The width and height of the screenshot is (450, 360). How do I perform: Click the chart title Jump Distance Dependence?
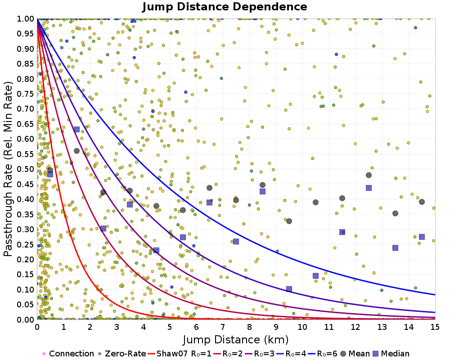click(225, 7)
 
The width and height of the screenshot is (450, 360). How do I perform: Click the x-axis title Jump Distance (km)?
click(236, 338)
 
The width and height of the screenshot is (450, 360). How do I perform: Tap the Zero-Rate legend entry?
click(123, 354)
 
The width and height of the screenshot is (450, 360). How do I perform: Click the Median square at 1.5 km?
click(76, 130)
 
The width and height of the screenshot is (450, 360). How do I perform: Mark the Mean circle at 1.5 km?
click(76, 151)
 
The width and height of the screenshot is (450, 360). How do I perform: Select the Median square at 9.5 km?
click(289, 289)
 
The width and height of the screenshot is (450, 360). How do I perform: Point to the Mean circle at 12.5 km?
click(369, 175)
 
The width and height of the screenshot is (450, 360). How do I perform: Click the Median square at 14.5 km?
click(422, 237)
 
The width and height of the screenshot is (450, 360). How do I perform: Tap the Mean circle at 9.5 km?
click(289, 221)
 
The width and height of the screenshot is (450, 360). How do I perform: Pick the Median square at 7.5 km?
click(236, 242)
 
